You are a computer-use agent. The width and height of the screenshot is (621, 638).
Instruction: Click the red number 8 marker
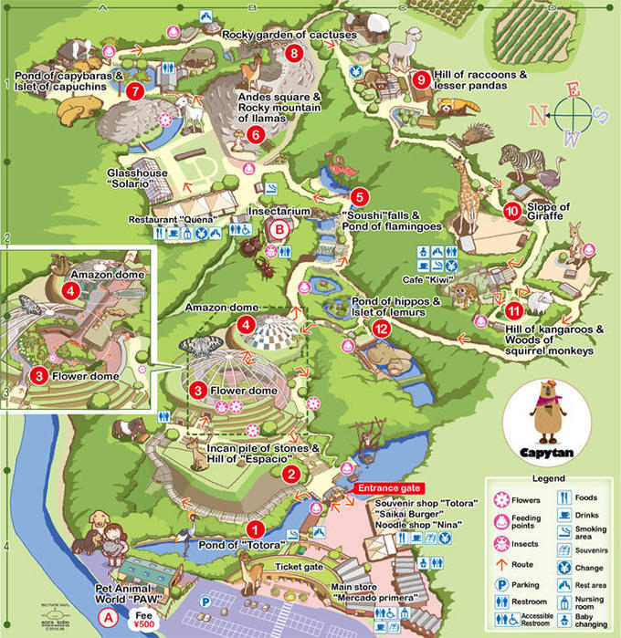(293, 53)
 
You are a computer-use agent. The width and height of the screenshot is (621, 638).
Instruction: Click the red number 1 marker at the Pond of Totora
(257, 528)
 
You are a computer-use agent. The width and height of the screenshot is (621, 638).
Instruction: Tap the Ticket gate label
(300, 566)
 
